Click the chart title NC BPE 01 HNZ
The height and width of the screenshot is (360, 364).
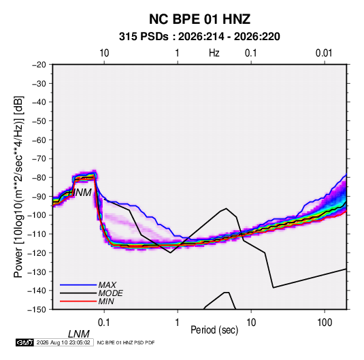[x=199, y=19]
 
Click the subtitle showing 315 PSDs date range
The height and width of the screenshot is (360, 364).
[x=199, y=37]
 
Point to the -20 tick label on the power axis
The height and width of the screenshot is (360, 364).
[x=39, y=65]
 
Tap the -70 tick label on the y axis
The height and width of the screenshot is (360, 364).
[x=39, y=159]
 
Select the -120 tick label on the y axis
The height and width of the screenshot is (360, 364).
[x=37, y=252]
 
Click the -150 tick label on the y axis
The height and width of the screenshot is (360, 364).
[x=37, y=310]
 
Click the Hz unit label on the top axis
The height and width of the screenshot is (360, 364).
[x=214, y=53]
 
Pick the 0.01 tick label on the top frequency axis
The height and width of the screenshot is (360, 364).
[x=324, y=53]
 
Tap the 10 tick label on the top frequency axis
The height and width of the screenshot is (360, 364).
[x=104, y=53]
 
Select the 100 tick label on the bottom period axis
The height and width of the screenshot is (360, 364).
[x=325, y=323]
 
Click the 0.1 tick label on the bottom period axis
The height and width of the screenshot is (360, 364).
[x=104, y=323]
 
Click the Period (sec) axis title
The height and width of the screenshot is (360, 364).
[x=214, y=330]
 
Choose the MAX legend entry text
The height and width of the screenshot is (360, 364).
[x=107, y=285]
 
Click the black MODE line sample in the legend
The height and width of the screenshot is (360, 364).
[x=78, y=293]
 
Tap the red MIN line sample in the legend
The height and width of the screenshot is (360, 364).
[x=78, y=301]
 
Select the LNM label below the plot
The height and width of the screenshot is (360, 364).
[x=79, y=334]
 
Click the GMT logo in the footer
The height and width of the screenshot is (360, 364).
[x=24, y=342]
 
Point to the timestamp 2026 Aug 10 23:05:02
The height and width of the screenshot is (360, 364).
[x=63, y=342]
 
